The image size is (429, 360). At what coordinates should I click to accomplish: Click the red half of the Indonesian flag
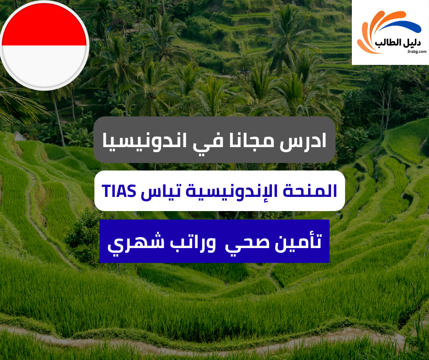[44, 27]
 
